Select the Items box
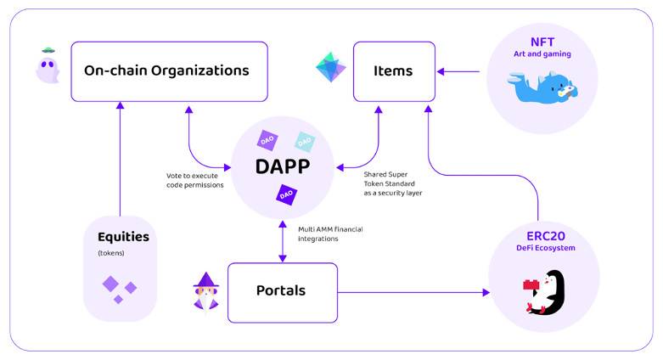click(x=393, y=71)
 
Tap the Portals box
click(x=282, y=291)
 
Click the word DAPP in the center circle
click(x=282, y=166)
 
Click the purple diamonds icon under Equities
click(x=119, y=289)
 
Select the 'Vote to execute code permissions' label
click(x=195, y=180)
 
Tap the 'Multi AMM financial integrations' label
click(x=330, y=233)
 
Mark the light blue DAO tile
click(x=304, y=140)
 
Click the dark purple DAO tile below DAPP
click(x=286, y=195)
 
